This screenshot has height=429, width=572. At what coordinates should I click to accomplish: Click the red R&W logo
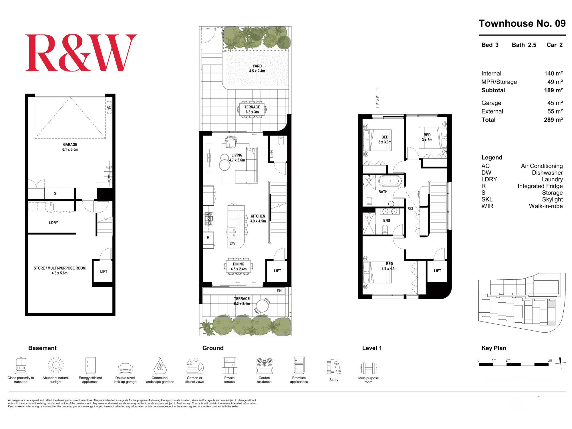[81, 53]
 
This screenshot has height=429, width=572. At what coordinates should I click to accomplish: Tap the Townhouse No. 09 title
[522, 23]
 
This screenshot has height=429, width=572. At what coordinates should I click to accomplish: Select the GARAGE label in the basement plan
[70, 144]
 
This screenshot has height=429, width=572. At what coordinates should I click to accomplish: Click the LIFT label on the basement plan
[104, 271]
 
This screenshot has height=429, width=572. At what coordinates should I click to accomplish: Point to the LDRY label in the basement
[53, 223]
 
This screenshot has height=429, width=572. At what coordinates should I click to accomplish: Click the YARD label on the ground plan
[257, 66]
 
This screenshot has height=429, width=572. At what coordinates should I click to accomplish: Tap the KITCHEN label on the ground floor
[258, 216]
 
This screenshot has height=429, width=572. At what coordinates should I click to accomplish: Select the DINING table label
[239, 264]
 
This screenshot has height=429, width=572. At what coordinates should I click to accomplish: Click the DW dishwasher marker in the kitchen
[233, 243]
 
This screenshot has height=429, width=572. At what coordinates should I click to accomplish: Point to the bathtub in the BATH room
[390, 181]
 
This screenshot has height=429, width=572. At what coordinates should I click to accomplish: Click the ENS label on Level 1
[386, 221]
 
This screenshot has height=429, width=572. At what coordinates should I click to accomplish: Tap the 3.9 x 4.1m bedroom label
[389, 269]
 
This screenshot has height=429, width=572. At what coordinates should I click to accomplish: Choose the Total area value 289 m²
[553, 120]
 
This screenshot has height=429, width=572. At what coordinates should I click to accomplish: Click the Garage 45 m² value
[555, 103]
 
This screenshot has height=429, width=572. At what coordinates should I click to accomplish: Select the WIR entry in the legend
[487, 206]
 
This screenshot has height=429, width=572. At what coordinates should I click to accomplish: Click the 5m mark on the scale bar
[550, 360]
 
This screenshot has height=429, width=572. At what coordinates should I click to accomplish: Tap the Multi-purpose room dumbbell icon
[369, 368]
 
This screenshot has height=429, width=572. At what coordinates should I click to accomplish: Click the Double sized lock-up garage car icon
[125, 369]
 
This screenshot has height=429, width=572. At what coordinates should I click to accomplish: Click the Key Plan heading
[494, 348]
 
